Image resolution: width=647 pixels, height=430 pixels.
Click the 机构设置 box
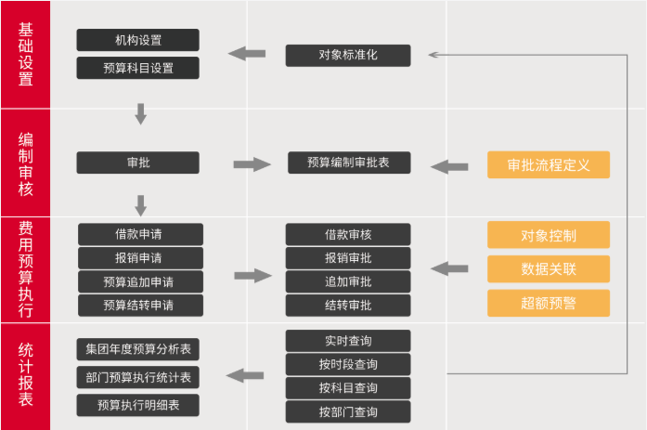click(x=137, y=40)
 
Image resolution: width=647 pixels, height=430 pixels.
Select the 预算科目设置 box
click(x=137, y=69)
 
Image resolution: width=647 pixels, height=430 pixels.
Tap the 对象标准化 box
click(x=347, y=55)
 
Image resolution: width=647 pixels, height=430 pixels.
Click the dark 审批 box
click(x=137, y=163)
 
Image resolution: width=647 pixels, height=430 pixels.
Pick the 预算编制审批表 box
click(x=347, y=163)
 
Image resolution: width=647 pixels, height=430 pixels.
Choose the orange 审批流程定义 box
click(x=548, y=164)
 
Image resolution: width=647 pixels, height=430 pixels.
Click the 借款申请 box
click(x=139, y=234)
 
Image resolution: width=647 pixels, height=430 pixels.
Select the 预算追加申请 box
click(x=139, y=281)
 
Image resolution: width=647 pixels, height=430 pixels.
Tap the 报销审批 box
click(x=347, y=258)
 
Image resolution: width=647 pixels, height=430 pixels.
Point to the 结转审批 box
click(x=347, y=306)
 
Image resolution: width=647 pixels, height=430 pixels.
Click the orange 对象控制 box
click(x=548, y=235)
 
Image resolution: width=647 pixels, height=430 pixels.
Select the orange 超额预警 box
click(x=548, y=303)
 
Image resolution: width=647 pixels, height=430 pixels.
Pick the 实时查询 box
click(x=347, y=341)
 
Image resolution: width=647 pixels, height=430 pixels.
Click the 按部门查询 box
click(x=347, y=411)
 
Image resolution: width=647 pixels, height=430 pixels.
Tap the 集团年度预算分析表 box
click(x=137, y=349)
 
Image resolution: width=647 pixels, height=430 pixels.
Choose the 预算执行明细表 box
click(x=137, y=405)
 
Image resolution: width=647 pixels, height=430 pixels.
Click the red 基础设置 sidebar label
click(x=26, y=54)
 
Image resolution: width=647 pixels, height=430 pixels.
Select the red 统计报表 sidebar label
click(x=26, y=375)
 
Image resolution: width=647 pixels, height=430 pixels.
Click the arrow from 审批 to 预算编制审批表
click(x=251, y=164)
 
